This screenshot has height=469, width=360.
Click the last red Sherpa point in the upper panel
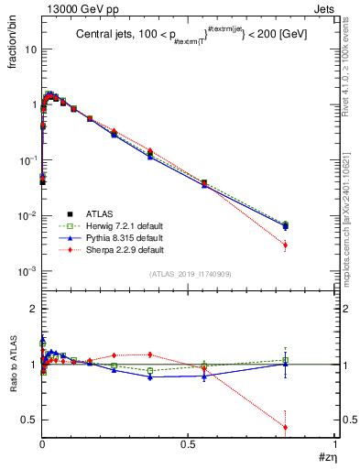click(286, 245)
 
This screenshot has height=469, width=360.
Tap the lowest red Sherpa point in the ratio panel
click(286, 427)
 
